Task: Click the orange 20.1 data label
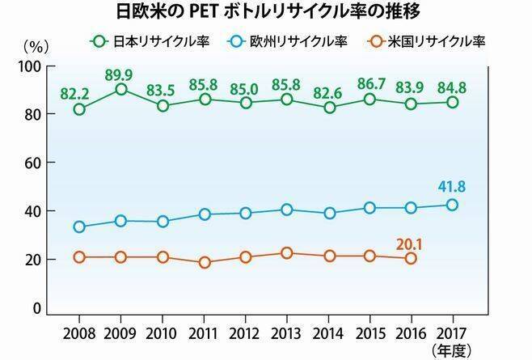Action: tap(410, 240)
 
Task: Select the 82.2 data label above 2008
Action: tap(78, 92)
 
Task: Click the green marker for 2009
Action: tap(120, 89)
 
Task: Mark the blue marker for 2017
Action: tap(452, 205)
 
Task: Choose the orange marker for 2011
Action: tap(204, 262)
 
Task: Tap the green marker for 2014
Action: tap(328, 107)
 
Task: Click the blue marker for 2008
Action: tap(79, 227)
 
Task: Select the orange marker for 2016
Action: tap(411, 258)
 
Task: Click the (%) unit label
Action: tap(36, 47)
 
